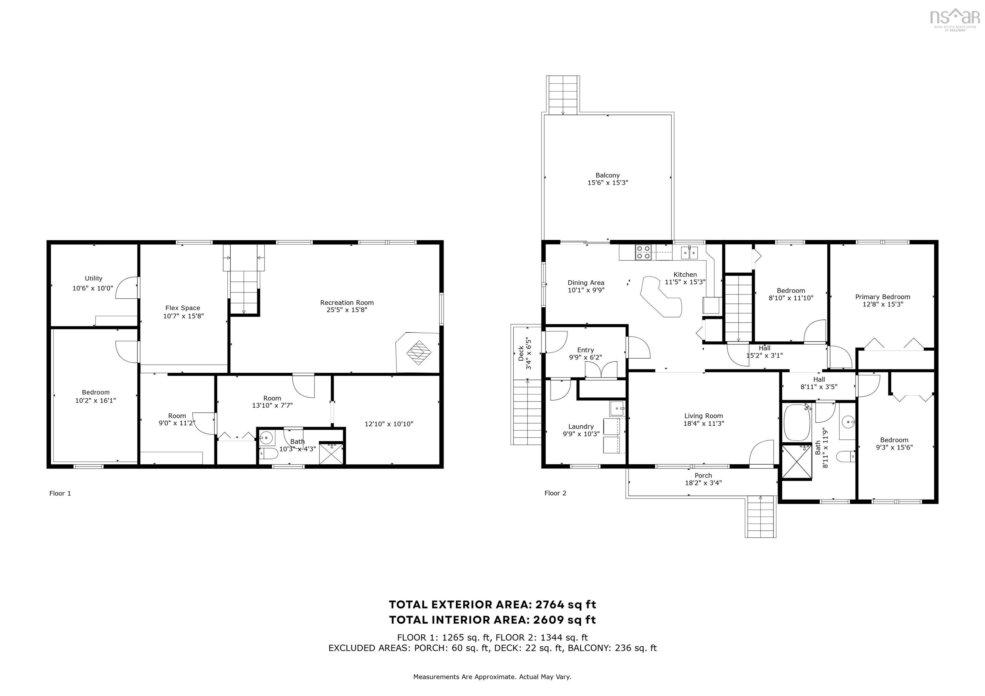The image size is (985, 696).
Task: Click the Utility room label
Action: [94, 278]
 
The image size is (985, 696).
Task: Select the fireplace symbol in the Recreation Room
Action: [418, 352]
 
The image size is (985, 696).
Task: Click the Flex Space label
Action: [183, 308]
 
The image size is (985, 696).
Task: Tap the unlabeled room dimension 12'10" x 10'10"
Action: [389, 424]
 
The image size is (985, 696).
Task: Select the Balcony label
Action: [608, 175]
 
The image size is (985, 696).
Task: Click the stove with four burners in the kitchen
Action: [644, 252]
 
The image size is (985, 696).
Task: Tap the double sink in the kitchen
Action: [689, 253]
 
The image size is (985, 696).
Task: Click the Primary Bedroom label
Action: [882, 297]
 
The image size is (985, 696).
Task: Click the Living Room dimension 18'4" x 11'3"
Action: [703, 423]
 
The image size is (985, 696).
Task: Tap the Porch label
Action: [703, 475]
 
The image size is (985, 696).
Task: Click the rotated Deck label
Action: [521, 353]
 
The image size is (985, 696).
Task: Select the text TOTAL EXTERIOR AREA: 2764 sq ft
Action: [492, 605]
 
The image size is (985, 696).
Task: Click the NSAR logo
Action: [954, 18]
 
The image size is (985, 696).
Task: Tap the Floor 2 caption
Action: [555, 493]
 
